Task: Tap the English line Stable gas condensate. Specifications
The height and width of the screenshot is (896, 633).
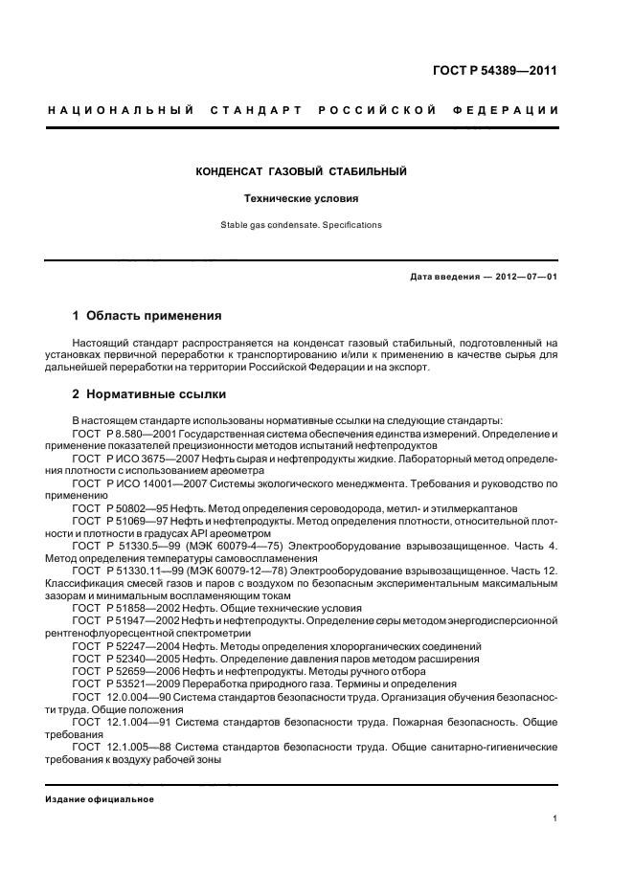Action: tap(302, 226)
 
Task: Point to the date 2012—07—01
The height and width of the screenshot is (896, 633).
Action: tap(525, 278)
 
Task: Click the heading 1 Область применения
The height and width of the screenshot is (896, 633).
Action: tap(147, 315)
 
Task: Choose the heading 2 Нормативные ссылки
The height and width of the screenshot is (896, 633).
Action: tap(150, 393)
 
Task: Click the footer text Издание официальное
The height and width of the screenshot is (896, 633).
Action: tap(100, 798)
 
